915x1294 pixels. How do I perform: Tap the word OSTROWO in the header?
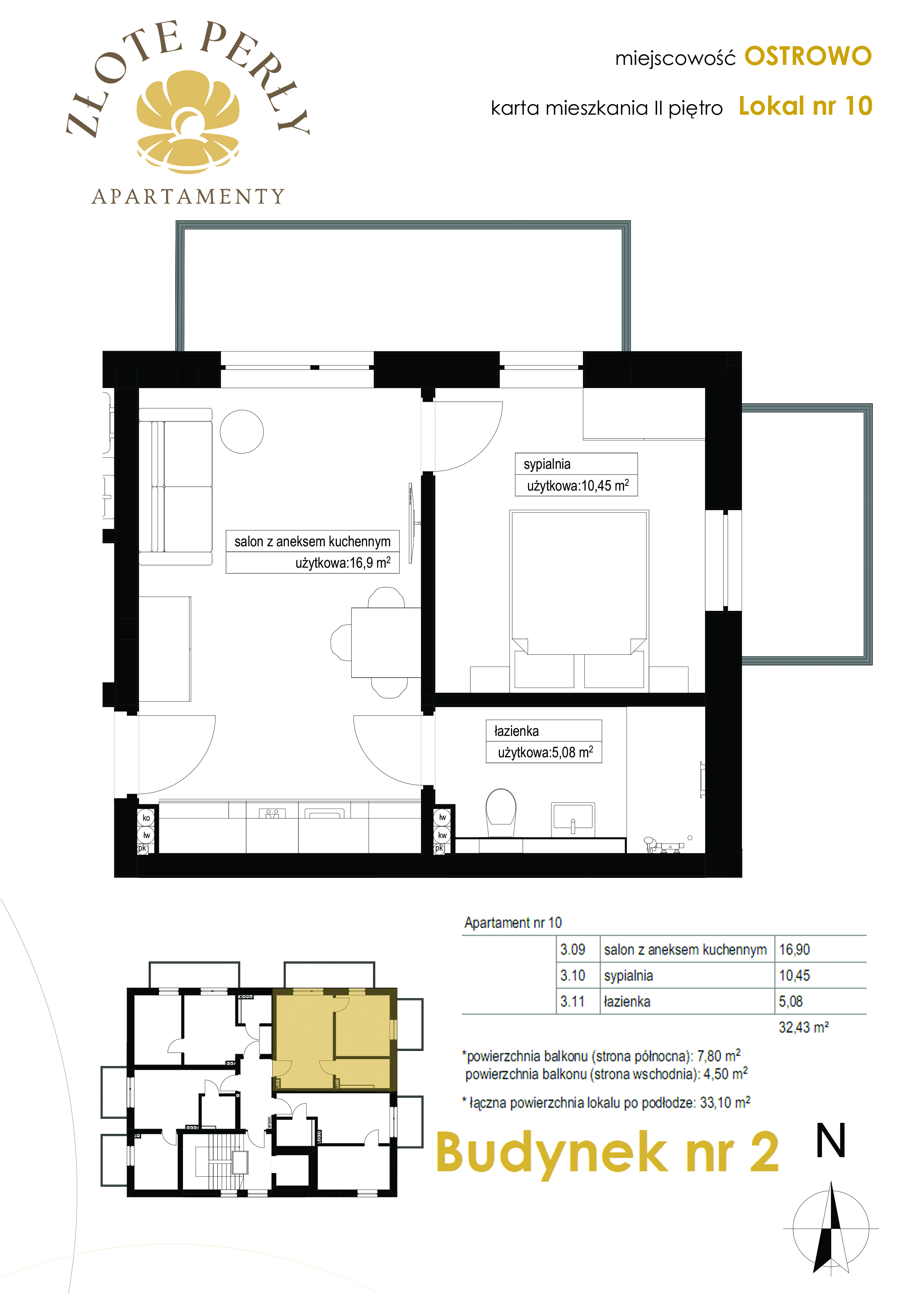pos(808,56)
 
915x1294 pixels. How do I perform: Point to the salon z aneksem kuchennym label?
pos(313,542)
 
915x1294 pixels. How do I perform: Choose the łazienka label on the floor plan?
pos(517,731)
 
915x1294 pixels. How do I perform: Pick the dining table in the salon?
pos(386,642)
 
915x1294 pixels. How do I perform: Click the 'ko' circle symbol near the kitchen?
pos(146,818)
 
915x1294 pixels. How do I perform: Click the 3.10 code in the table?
pos(572,976)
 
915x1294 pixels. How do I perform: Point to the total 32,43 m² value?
pos(803,1027)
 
